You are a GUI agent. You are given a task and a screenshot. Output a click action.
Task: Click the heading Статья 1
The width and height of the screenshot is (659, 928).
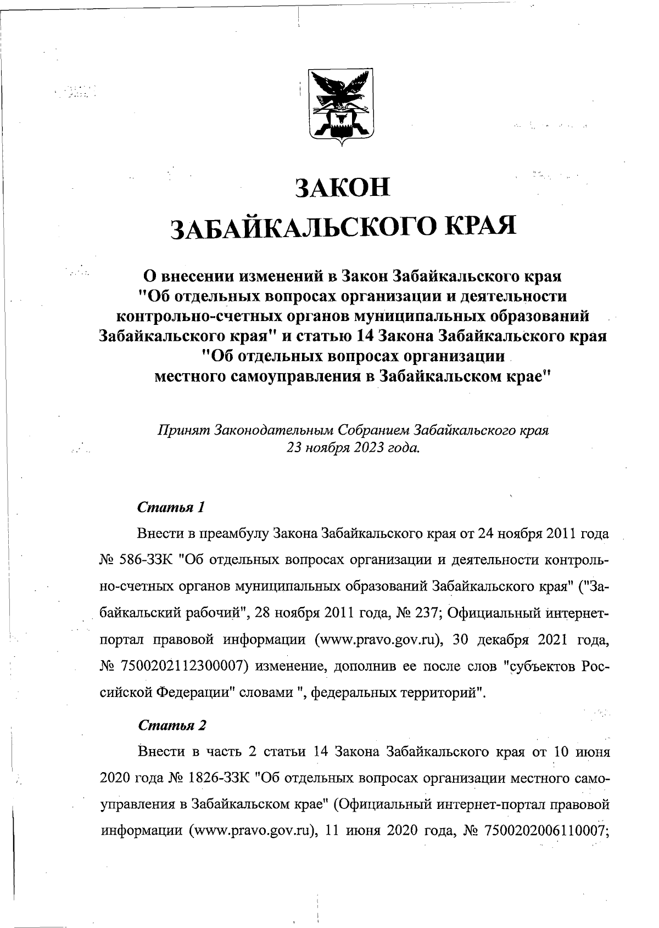point(171,507)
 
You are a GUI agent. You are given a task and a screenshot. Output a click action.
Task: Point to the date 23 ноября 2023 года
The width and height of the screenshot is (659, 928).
point(353,447)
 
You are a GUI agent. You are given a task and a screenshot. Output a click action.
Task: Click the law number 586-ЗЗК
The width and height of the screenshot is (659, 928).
point(149,560)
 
